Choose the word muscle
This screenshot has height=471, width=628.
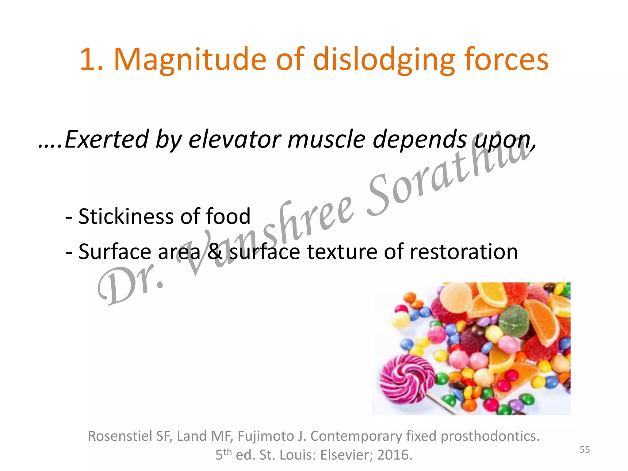(x=327, y=140)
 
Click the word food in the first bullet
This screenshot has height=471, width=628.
(x=228, y=216)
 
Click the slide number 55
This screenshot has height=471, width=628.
(x=584, y=450)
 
